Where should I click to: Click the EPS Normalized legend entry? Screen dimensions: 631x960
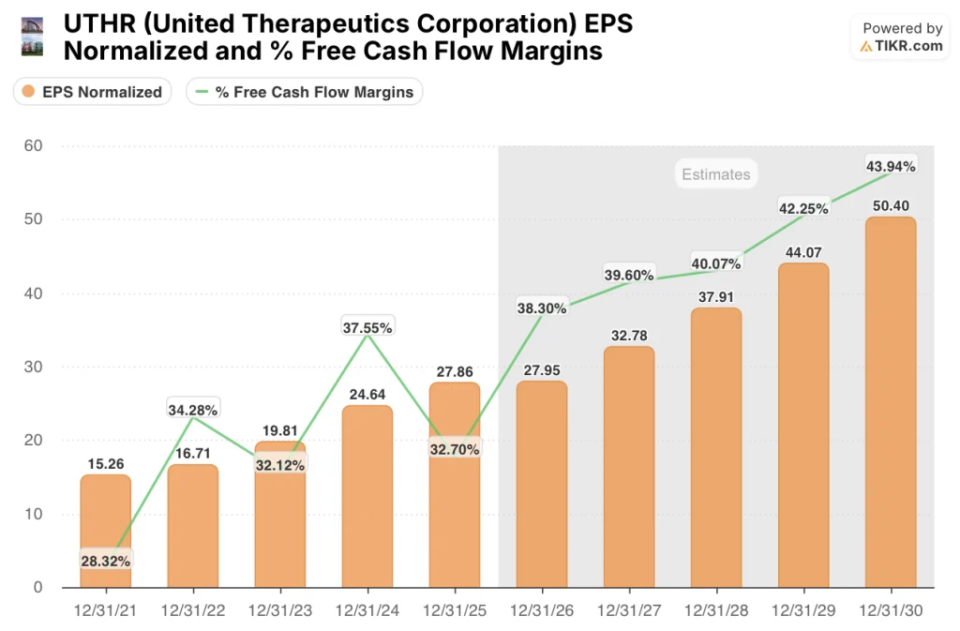(x=92, y=92)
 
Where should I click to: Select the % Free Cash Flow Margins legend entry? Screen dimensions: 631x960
(x=304, y=92)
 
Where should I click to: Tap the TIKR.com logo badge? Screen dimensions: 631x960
(x=901, y=38)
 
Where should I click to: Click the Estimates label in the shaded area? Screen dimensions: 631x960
(x=715, y=174)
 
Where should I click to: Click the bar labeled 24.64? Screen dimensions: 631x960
(x=367, y=496)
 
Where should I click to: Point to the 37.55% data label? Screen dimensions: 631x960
(x=367, y=327)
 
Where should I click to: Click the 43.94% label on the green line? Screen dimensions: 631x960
(x=890, y=166)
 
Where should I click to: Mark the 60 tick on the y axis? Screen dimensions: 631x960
(x=34, y=145)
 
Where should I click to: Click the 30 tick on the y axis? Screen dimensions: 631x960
(x=34, y=367)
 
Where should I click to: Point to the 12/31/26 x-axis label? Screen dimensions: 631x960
(x=541, y=609)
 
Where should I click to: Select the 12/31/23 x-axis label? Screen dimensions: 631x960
(x=279, y=609)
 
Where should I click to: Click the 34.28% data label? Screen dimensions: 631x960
(x=193, y=410)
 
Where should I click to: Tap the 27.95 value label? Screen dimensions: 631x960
(x=541, y=370)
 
